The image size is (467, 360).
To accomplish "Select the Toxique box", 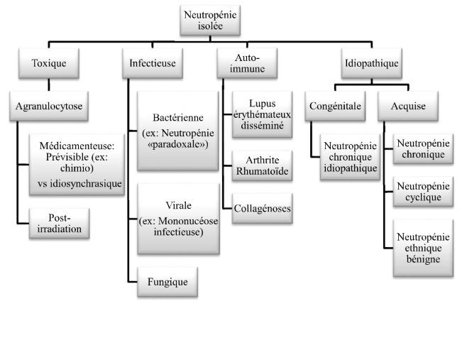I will point(48,63).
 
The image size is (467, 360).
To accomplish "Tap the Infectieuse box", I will point(153,63).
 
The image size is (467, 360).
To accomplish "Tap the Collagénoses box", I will point(263,209).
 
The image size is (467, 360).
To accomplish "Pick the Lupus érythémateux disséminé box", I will point(262,114).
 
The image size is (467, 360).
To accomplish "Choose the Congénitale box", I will point(335,108).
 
